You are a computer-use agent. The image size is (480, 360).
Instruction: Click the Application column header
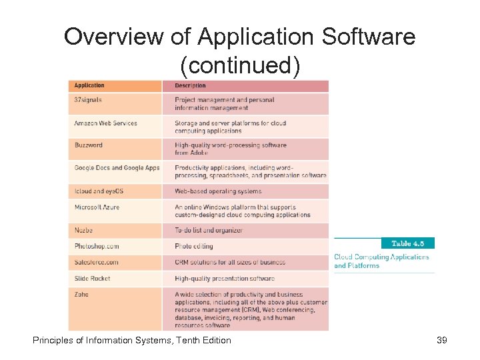[x=90, y=86]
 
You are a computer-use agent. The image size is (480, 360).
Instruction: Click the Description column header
[x=191, y=86]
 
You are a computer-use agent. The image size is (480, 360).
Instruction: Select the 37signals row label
[x=89, y=100]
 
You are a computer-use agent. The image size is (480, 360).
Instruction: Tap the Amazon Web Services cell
[x=106, y=123]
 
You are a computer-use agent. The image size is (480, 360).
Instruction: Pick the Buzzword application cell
[x=89, y=145]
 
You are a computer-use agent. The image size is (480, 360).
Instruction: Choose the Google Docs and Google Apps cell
[x=117, y=168]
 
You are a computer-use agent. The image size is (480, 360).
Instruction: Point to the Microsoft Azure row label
[x=97, y=207]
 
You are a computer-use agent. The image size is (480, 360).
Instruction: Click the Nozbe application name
[x=84, y=230]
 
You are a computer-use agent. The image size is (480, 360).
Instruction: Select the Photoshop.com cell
[x=97, y=246]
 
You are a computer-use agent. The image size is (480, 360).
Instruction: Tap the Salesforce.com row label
[x=97, y=262]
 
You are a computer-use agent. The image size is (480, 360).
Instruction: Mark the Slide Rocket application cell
[x=93, y=278]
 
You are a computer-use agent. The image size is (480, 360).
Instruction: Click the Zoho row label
[x=81, y=294]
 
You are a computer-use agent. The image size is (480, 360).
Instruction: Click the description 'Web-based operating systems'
[x=218, y=191]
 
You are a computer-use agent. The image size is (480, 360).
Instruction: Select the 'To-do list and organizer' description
[x=209, y=230]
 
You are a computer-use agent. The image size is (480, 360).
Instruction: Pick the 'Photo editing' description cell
[x=193, y=246]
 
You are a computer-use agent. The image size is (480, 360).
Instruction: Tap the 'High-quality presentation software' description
[x=225, y=278]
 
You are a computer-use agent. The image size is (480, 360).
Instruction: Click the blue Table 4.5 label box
[x=407, y=243]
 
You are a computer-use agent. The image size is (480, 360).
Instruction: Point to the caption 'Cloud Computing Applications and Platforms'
[x=381, y=261]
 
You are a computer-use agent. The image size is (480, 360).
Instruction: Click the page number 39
[x=441, y=341]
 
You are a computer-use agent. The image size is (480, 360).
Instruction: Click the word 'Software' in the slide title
[x=369, y=37]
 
